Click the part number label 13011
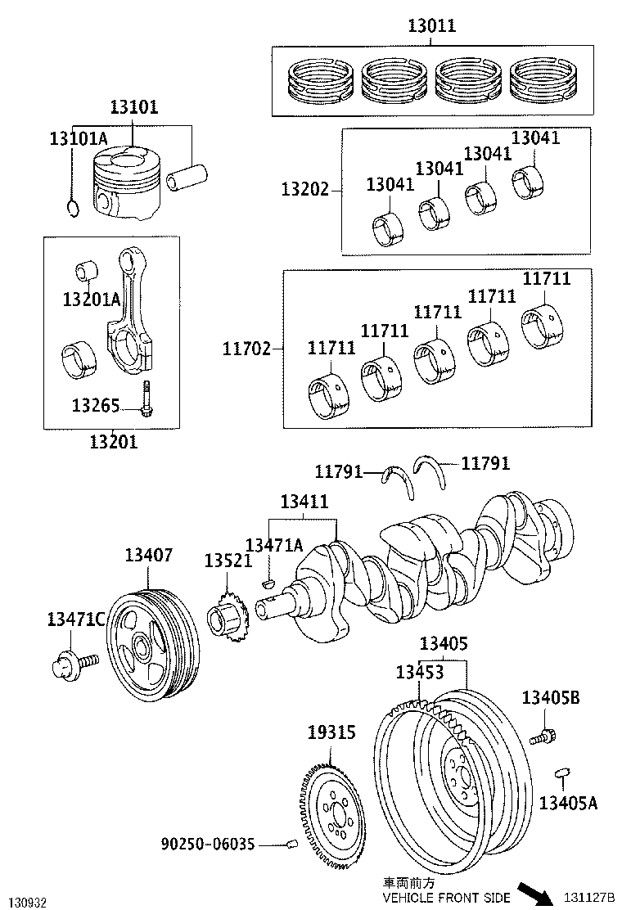coord(431,26)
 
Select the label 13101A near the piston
coord(79,137)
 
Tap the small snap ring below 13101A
coord(73,209)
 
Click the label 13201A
coord(91,299)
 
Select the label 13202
coord(305,190)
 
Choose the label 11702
coord(246,349)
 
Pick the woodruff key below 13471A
coord(265,583)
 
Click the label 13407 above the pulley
coord(148,556)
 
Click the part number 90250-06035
coord(208,843)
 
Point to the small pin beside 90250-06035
coord(290,845)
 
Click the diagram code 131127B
coord(589,899)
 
